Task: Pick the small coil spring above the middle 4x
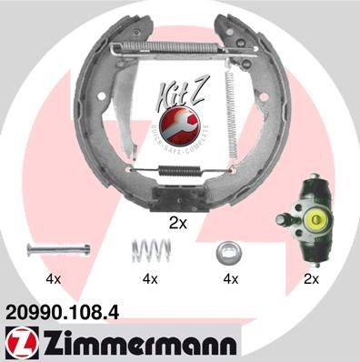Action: coord(146,247)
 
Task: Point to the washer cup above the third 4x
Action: coord(228,249)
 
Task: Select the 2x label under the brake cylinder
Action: coord(310,278)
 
